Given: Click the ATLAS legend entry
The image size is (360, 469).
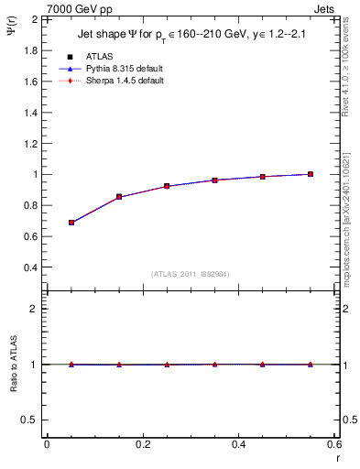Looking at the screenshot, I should (93, 56).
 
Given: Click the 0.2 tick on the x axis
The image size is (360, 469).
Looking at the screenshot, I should (143, 443).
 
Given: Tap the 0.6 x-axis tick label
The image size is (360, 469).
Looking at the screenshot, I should (334, 443).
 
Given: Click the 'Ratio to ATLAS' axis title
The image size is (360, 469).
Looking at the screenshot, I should (13, 363).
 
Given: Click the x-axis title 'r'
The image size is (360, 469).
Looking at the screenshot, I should (336, 455).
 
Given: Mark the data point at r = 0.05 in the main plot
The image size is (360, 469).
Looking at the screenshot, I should (71, 223).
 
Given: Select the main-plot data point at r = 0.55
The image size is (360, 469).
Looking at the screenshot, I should (311, 174).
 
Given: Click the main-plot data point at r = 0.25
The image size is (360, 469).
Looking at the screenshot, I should (167, 186).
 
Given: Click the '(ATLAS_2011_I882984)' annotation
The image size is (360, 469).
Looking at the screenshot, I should (191, 274).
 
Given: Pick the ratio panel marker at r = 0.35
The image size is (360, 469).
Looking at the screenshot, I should (215, 364).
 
